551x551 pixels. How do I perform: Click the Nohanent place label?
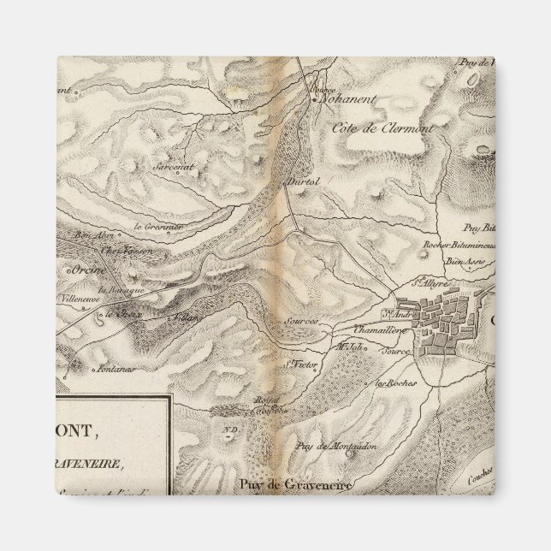pos(346,100)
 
